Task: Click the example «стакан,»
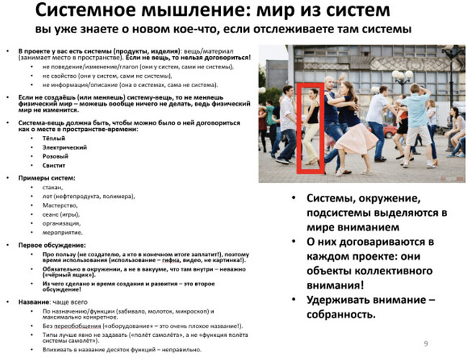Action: (53, 186)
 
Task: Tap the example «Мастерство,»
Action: (60, 204)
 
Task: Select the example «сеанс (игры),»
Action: (63, 214)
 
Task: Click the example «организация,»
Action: (63, 223)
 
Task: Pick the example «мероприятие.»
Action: (63, 232)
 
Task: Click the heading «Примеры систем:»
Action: (45, 177)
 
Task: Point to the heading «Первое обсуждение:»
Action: (49, 243)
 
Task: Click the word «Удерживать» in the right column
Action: (340, 300)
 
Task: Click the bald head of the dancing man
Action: (329, 81)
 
